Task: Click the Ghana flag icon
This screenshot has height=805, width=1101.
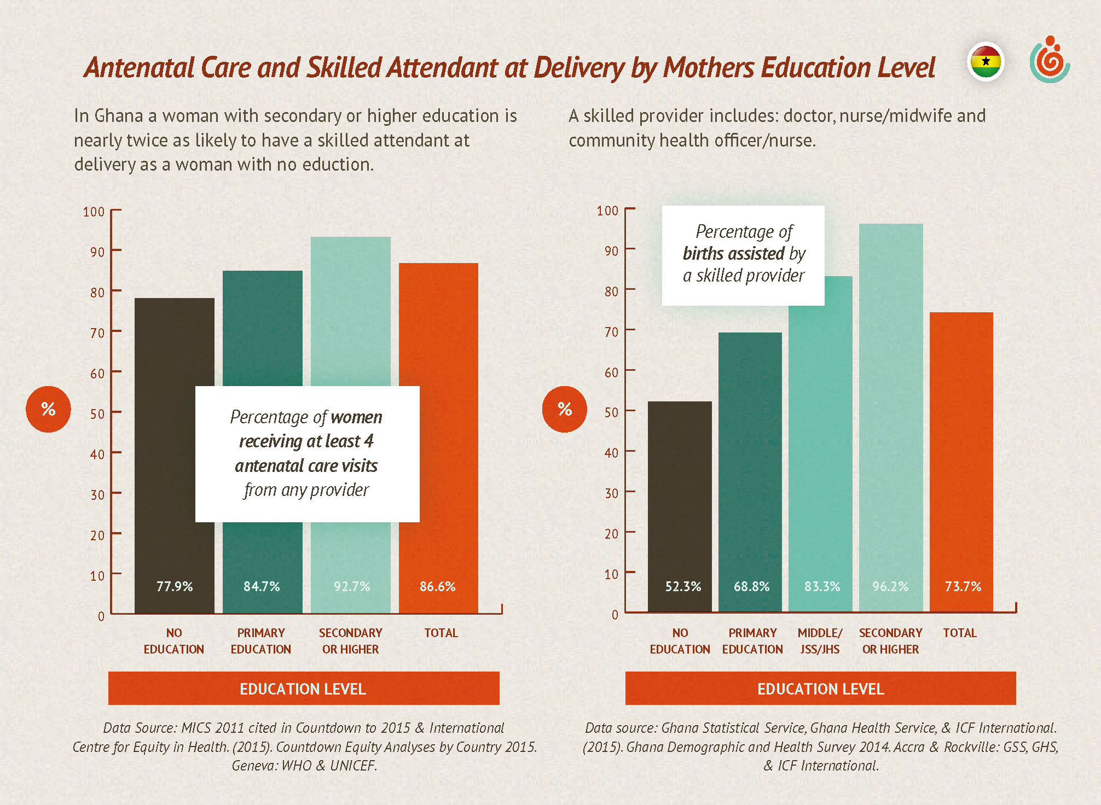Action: pyautogui.click(x=986, y=61)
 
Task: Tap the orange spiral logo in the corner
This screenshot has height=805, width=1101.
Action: pyautogui.click(x=1050, y=60)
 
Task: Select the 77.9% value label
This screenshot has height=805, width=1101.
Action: pyautogui.click(x=175, y=587)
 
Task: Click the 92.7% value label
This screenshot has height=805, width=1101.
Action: pyautogui.click(x=352, y=587)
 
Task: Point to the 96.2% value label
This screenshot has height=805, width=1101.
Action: pyautogui.click(x=890, y=587)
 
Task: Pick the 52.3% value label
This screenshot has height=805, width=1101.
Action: pyautogui.click(x=683, y=587)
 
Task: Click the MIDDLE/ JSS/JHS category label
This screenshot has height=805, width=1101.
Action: pyautogui.click(x=820, y=641)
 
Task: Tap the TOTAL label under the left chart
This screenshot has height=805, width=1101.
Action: pyautogui.click(x=441, y=633)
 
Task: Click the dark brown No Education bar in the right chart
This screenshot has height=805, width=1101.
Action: pyautogui.click(x=680, y=492)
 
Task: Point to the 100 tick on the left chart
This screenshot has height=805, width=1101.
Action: pyautogui.click(x=94, y=212)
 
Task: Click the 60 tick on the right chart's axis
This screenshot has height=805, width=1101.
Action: pyautogui.click(x=611, y=372)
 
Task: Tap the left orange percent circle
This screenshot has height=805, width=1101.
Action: pyautogui.click(x=48, y=409)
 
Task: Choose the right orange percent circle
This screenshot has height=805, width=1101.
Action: pyautogui.click(x=565, y=409)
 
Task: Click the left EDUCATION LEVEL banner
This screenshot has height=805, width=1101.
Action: pyautogui.click(x=304, y=689)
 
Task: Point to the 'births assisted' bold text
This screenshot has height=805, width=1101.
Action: pyautogui.click(x=734, y=254)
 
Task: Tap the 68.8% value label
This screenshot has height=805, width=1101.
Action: pyautogui.click(x=751, y=587)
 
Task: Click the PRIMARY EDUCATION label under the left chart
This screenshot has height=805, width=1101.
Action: pyautogui.click(x=261, y=641)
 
